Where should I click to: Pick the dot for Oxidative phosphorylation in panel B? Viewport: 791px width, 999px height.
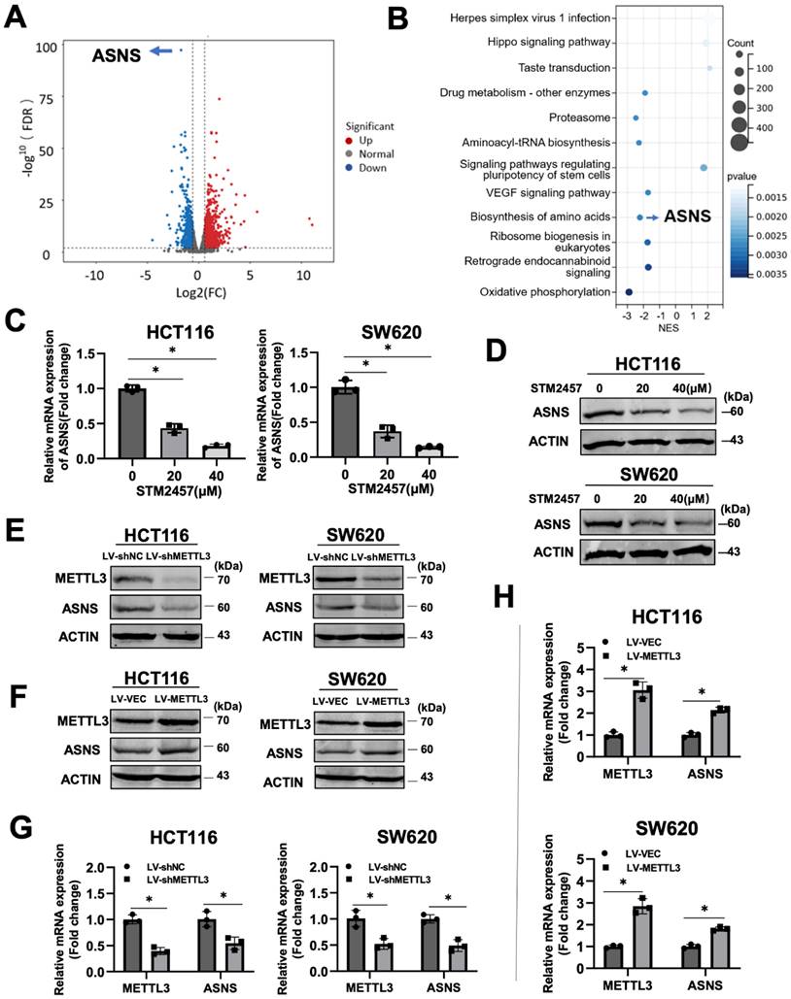(x=629, y=291)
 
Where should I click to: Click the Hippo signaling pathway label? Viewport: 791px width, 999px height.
(x=549, y=43)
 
